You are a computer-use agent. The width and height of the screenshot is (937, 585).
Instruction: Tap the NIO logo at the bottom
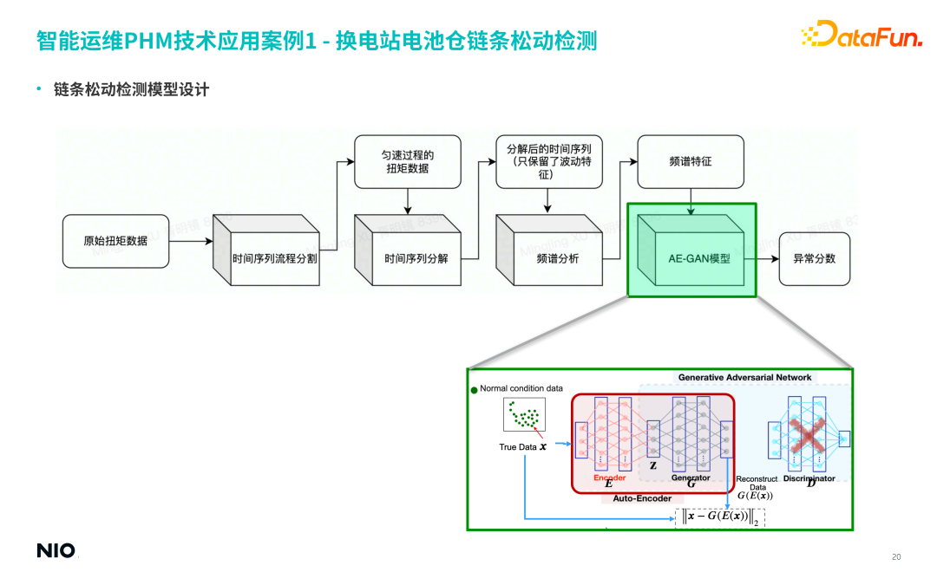tap(56, 550)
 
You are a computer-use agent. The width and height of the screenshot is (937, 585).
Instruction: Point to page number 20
tap(896, 556)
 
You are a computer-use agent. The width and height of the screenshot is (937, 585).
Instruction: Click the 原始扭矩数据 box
tap(115, 240)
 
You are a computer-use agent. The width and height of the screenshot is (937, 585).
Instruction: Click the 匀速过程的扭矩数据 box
tap(407, 161)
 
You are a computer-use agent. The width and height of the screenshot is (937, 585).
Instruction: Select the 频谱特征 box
tap(691, 161)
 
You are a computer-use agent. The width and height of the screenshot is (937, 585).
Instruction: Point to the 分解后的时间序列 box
tap(548, 161)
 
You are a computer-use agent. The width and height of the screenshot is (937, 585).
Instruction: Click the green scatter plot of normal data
tap(524, 415)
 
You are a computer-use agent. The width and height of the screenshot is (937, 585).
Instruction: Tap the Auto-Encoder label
tap(642, 498)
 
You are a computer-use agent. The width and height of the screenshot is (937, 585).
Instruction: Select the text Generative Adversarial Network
tap(744, 377)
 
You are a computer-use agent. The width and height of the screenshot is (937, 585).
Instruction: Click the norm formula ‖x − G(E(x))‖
tap(719, 517)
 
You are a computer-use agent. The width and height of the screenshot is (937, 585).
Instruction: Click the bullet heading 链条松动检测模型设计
tap(131, 89)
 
